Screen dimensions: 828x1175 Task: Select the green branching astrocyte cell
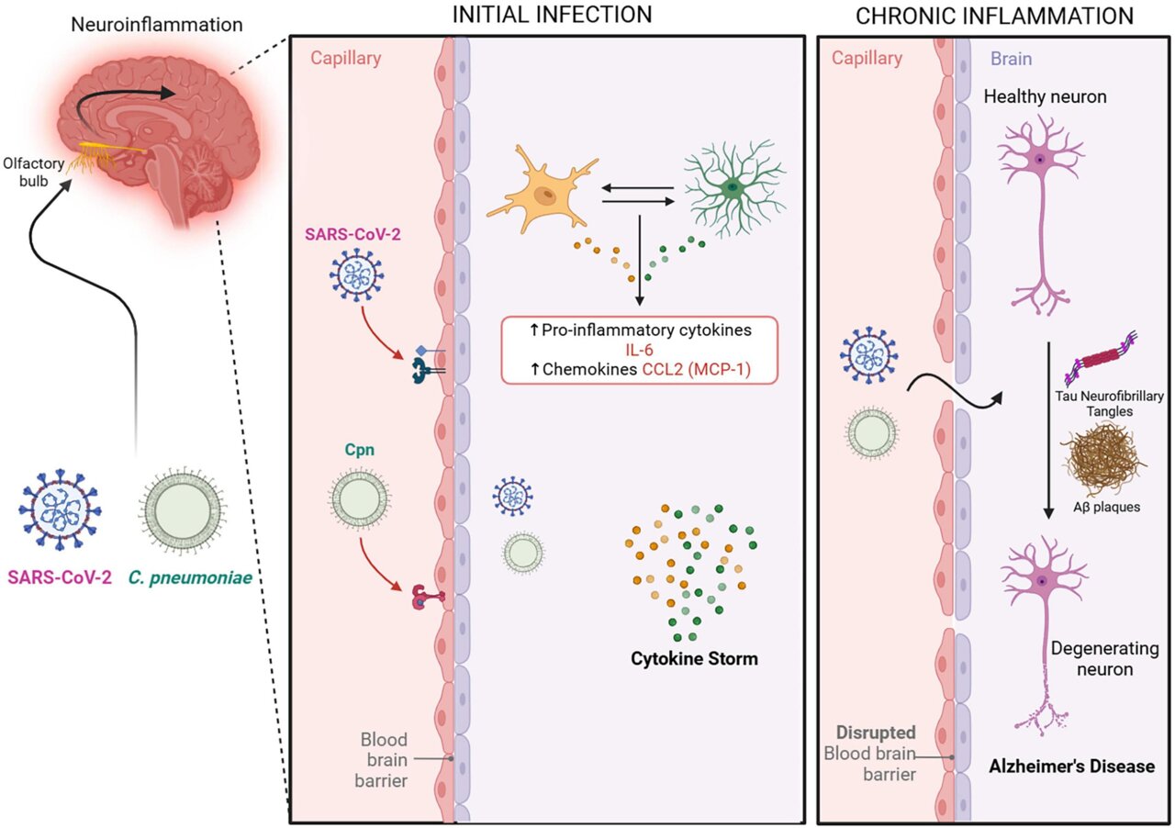(733, 189)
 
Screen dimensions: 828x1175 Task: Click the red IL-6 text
(637, 351)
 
